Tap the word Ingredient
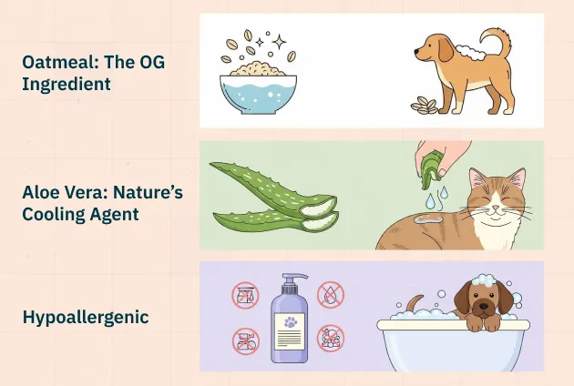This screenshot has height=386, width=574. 67,84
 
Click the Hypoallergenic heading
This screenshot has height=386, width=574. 86,317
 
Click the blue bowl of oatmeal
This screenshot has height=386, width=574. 258,94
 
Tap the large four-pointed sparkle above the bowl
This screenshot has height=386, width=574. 280,42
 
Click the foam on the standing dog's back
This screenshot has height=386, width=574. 470,52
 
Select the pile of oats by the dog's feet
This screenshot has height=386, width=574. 425,106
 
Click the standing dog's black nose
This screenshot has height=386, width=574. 416,52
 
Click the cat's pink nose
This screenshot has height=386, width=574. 496,208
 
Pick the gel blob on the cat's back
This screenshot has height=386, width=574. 427,218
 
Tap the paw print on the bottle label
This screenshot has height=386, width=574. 291,322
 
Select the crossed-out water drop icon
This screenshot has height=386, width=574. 331,295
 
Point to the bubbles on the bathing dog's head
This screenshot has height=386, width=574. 484,279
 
